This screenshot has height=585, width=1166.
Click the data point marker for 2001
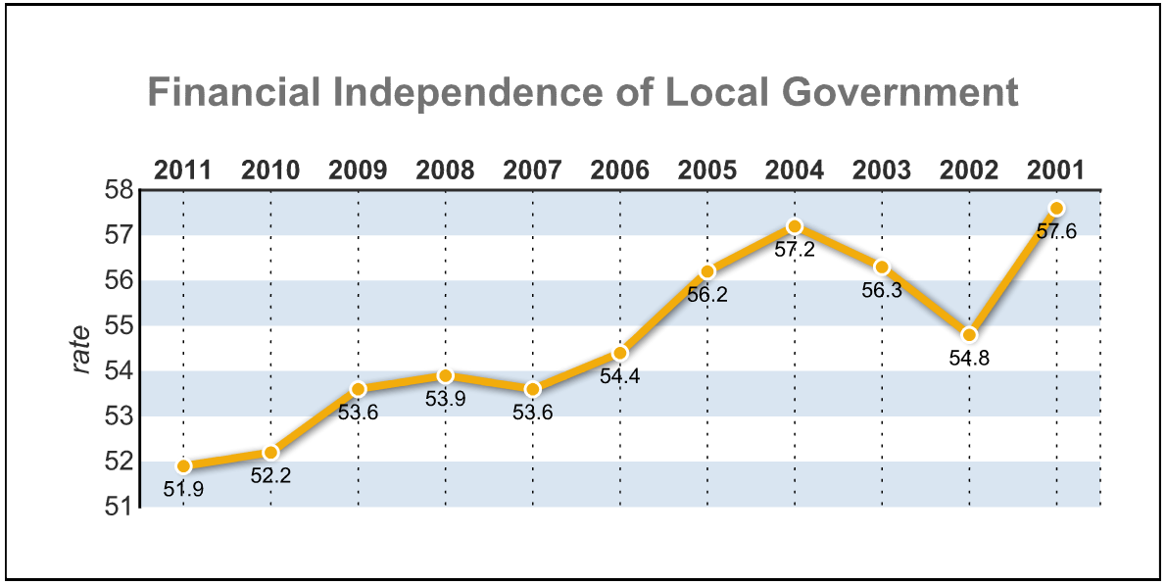[x=1056, y=208]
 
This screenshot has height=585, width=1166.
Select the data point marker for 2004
[x=795, y=226]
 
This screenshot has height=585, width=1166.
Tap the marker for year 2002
[x=969, y=334]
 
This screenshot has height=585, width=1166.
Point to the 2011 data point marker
[x=183, y=465]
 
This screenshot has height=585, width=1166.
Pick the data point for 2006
[x=620, y=353]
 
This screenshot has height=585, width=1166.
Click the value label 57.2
[x=795, y=250]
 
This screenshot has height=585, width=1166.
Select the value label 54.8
[x=969, y=358]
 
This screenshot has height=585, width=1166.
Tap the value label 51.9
[x=183, y=488]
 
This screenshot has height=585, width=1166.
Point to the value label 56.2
[x=707, y=294]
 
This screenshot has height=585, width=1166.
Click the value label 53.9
[x=446, y=399]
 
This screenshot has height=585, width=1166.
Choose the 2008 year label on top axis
[x=445, y=171]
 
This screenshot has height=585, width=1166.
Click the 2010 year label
[x=270, y=171]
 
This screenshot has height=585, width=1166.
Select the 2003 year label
[x=882, y=171]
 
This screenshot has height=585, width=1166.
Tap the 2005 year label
[x=707, y=171]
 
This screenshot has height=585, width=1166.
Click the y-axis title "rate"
[x=82, y=349]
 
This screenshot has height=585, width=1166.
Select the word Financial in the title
[x=234, y=93]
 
